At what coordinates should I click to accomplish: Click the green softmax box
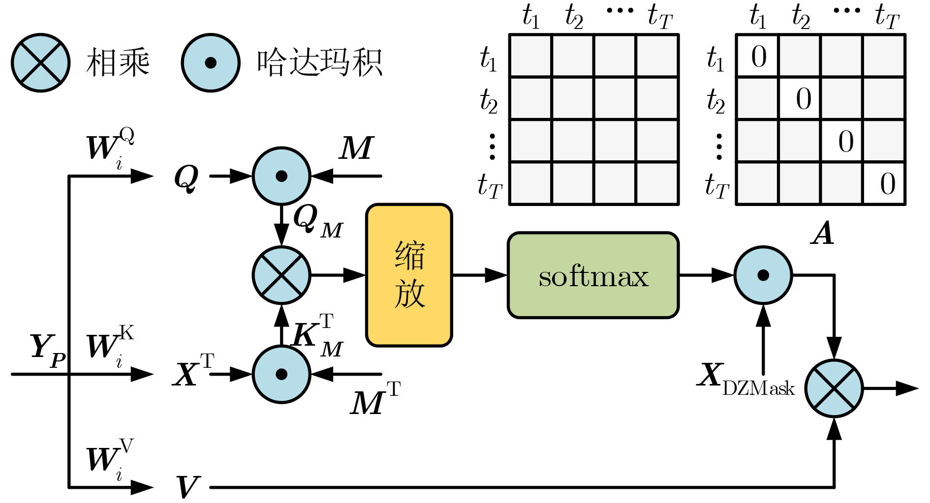(x=593, y=275)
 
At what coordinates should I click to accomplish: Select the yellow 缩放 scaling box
(x=409, y=275)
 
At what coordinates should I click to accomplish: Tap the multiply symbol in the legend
(x=41, y=62)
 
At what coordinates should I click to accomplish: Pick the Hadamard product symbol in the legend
(x=211, y=62)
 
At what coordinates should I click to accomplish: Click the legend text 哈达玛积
(x=320, y=62)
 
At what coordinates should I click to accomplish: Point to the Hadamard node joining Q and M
(x=281, y=176)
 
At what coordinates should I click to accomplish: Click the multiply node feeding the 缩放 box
(x=281, y=275)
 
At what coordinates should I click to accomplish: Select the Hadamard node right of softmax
(x=763, y=275)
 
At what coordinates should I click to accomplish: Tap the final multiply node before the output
(x=834, y=388)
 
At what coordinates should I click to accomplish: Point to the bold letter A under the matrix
(x=822, y=234)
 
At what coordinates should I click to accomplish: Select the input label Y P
(x=48, y=349)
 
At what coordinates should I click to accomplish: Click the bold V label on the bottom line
(x=187, y=487)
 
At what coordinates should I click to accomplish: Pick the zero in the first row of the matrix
(x=758, y=56)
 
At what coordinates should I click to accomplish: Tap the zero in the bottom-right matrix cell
(x=887, y=184)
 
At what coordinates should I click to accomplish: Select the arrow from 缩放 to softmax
(x=480, y=275)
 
